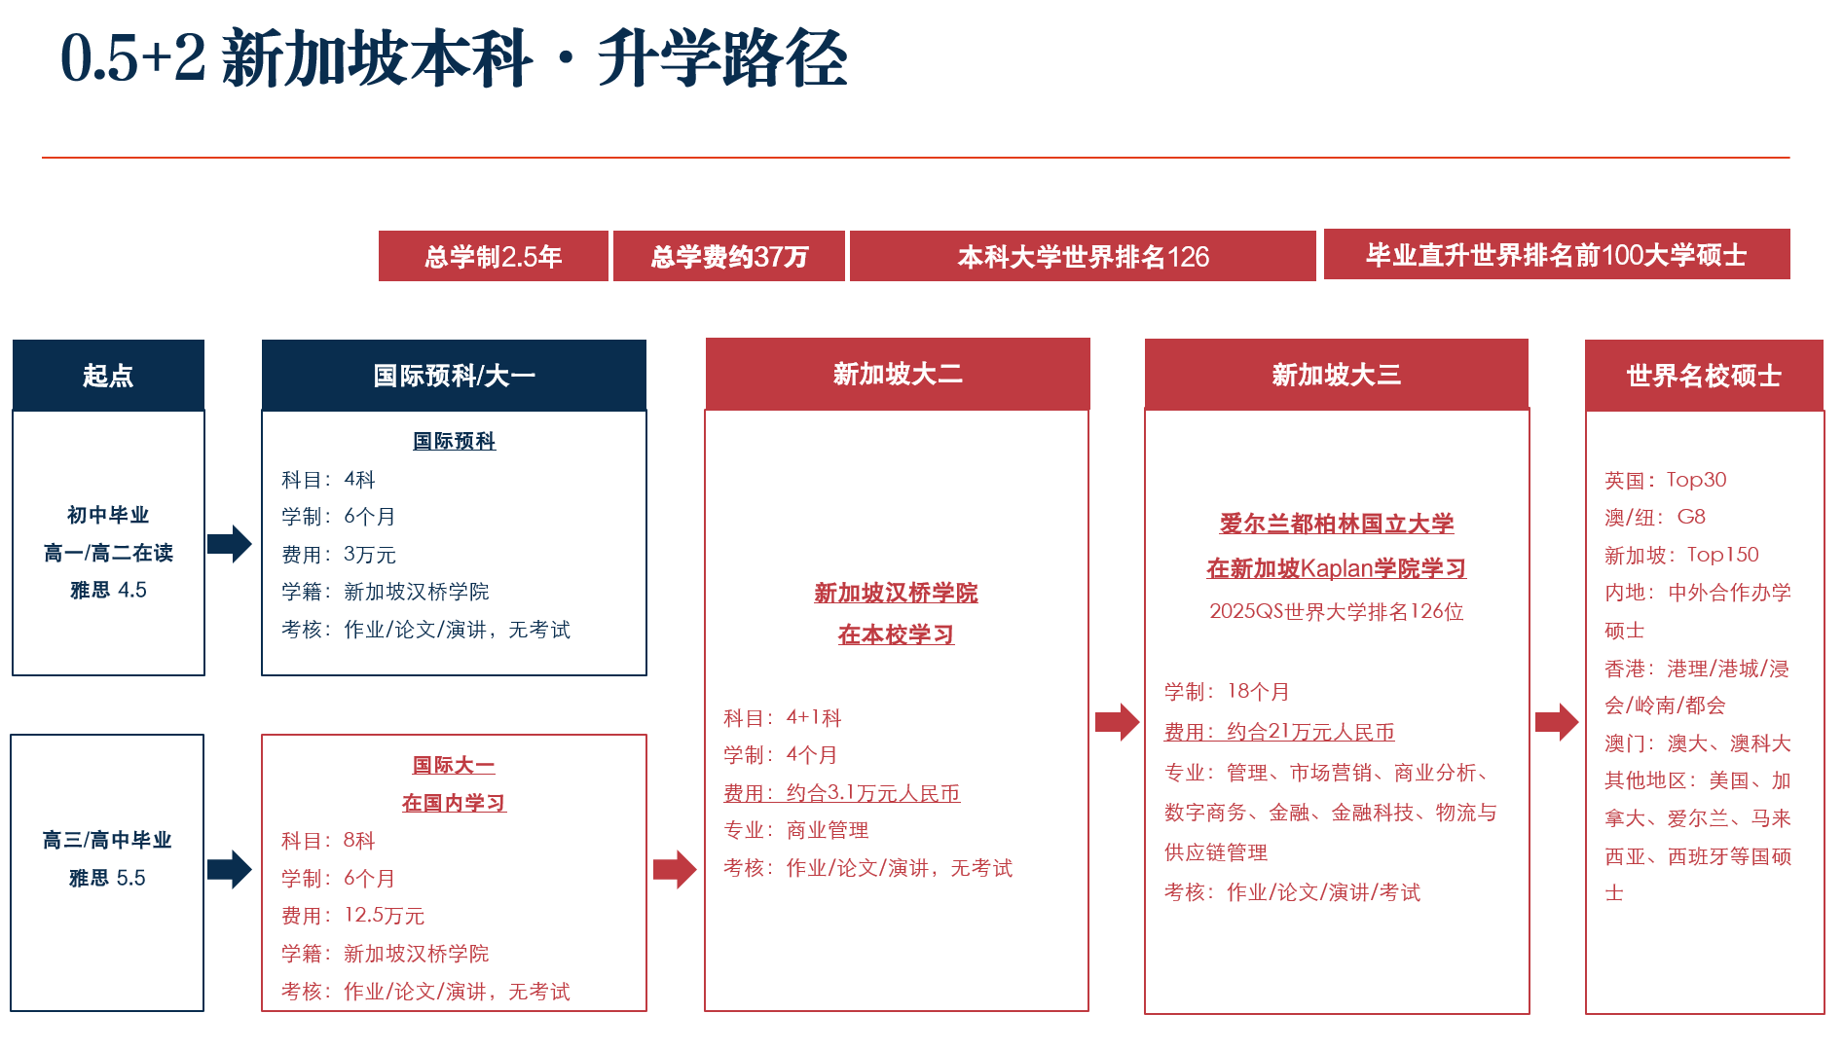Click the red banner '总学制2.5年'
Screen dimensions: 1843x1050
[493, 256]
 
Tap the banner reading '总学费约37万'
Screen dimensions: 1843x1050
[729, 256]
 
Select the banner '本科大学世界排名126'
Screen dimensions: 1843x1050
[1083, 256]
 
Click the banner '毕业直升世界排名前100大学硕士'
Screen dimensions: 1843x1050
[1557, 254]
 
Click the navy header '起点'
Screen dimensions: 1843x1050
[108, 375]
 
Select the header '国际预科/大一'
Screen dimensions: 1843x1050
[454, 375]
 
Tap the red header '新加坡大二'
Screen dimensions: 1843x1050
[898, 374]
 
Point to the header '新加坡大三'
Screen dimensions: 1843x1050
[1337, 375]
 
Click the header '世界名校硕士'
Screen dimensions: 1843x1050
[1704, 376]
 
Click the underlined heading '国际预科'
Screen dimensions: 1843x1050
[454, 441]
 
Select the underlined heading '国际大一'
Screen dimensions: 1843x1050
[454, 765]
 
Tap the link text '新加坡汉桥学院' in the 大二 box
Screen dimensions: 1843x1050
[896, 593]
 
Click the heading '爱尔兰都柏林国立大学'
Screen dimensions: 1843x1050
[1337, 524]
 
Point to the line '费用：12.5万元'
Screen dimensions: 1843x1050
[352, 916]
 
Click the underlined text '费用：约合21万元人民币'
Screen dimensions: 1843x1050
[1279, 732]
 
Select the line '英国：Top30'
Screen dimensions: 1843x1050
[1666, 480]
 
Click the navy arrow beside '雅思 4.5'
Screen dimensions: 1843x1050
[230, 544]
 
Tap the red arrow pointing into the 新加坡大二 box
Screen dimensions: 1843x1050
[675, 869]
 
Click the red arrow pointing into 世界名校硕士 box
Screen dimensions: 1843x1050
[1557, 722]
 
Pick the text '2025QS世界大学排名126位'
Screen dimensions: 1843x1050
[1337, 611]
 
